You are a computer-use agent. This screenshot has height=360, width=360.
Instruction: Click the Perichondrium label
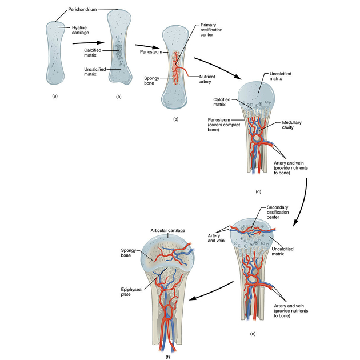pyautogui.click(x=82, y=10)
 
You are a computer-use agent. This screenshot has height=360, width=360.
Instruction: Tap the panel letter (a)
pyautogui.click(x=55, y=96)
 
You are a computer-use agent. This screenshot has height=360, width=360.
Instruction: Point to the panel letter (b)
pyautogui.click(x=119, y=97)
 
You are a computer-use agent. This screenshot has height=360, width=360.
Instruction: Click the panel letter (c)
pyautogui.click(x=175, y=119)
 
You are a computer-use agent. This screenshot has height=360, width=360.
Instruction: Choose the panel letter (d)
pyautogui.click(x=258, y=191)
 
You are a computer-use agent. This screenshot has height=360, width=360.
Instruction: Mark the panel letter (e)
pyautogui.click(x=252, y=333)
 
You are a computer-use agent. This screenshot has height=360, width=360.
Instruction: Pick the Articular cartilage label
pyautogui.click(x=168, y=230)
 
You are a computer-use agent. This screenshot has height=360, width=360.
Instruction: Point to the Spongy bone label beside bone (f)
pyautogui.click(x=128, y=253)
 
